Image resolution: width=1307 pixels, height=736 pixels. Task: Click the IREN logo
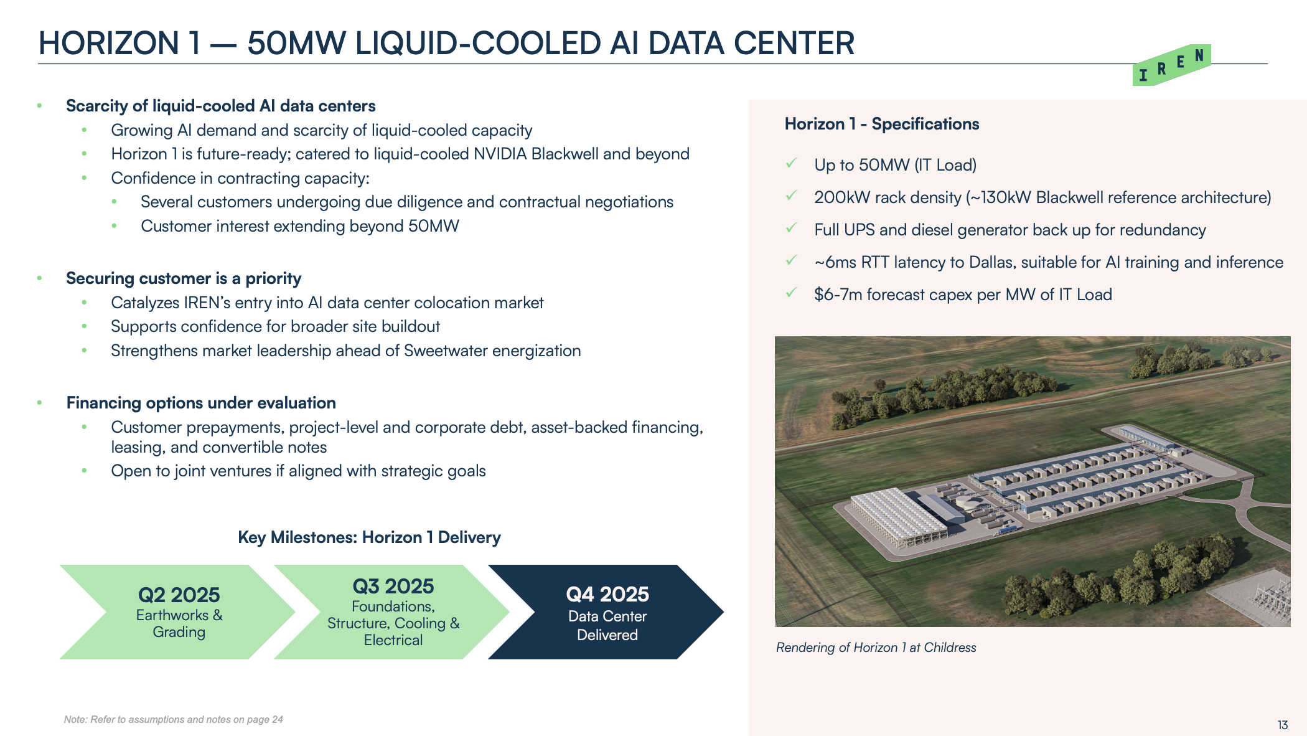(x=1171, y=65)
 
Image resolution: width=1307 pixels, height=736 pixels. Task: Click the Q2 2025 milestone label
(x=179, y=595)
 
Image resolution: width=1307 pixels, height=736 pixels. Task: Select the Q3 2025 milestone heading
(x=393, y=586)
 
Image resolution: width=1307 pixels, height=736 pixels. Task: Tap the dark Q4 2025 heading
(x=607, y=594)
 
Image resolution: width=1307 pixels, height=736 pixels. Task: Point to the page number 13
(x=1283, y=725)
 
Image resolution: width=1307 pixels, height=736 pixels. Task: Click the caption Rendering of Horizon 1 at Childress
(x=876, y=648)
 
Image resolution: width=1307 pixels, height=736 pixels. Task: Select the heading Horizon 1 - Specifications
(x=882, y=124)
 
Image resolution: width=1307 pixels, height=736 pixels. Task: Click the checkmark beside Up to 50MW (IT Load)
(x=792, y=163)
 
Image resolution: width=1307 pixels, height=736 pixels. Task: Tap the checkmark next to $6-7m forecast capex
(x=792, y=293)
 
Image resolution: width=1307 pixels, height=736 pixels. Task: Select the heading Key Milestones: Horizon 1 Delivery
(x=369, y=537)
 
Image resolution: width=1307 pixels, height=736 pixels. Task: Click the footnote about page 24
(x=173, y=719)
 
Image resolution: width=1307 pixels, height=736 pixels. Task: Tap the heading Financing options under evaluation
(x=201, y=403)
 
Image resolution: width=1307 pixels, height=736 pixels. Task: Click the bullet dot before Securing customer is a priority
(x=39, y=278)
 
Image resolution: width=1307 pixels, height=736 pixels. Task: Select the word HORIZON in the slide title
(x=109, y=43)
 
